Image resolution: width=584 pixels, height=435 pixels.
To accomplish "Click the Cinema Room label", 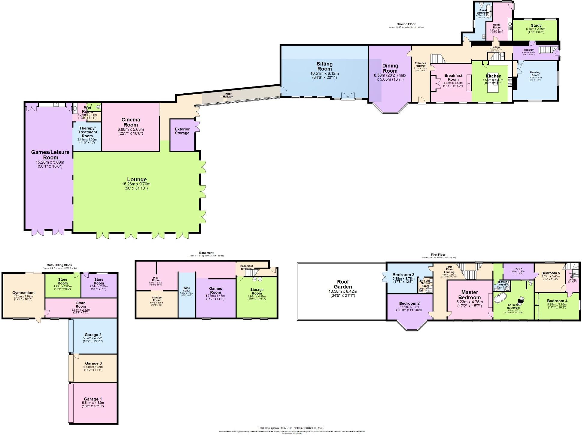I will [x=131, y=122].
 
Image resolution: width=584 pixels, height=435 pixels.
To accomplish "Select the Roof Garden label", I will [x=342, y=284].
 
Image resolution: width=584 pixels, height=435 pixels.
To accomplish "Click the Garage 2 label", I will [x=93, y=334].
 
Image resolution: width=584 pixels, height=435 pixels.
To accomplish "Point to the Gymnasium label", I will [x=23, y=293].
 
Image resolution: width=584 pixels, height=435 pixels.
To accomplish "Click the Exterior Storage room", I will [x=182, y=131].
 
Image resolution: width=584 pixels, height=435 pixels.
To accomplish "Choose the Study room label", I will [x=536, y=26].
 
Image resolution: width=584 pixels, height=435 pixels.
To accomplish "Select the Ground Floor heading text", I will [x=406, y=24].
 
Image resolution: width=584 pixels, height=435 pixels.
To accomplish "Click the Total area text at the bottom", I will [x=291, y=428].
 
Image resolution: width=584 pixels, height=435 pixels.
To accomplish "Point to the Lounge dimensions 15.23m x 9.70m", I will [x=136, y=184].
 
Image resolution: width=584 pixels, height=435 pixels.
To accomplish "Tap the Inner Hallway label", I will [x=228, y=95].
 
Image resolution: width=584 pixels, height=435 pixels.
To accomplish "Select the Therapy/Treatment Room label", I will [x=87, y=132].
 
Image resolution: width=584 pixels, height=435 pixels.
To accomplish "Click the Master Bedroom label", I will [x=469, y=295].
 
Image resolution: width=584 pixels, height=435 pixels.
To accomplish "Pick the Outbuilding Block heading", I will [x=60, y=265].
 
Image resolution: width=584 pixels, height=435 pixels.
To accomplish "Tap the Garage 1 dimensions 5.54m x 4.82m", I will [x=93, y=403].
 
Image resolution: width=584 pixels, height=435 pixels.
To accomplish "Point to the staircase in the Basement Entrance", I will [x=254, y=273].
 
